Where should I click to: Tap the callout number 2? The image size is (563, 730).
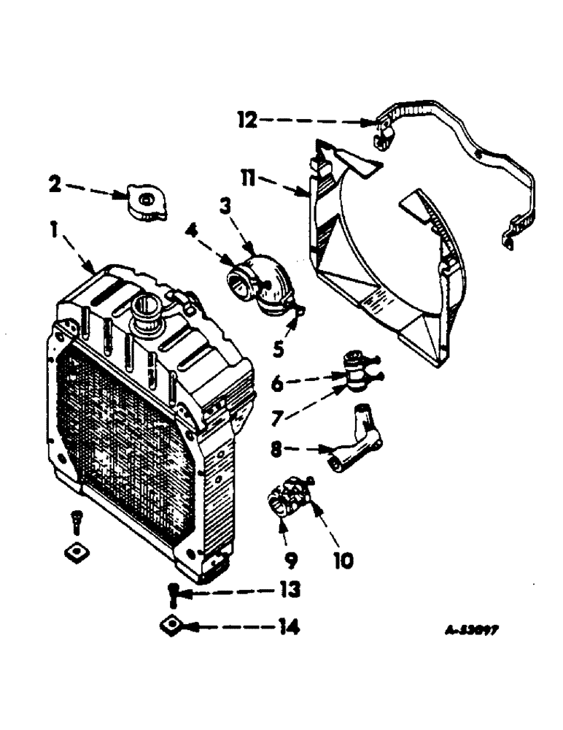(x=55, y=184)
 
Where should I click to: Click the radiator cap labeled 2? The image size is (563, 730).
(x=145, y=201)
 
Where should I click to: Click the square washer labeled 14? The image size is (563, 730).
(x=172, y=626)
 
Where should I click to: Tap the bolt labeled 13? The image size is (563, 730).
(x=172, y=593)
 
